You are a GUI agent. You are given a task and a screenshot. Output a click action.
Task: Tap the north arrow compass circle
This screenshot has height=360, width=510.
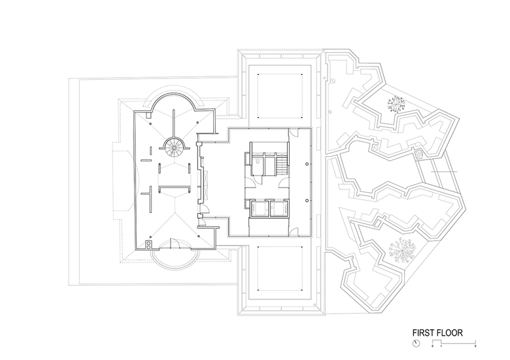pos(416,343)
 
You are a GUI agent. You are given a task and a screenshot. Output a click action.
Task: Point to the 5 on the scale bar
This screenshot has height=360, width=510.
pos(475,346)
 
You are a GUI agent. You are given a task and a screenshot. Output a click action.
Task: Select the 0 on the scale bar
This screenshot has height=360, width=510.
pos(433,346)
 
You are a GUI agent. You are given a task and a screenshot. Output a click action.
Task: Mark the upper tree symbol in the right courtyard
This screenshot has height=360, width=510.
pos(396,104)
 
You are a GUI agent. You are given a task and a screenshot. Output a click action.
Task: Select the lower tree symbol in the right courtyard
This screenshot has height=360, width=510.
pos(402,250)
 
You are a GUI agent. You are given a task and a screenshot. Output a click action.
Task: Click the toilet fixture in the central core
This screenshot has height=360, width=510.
pos(257,161)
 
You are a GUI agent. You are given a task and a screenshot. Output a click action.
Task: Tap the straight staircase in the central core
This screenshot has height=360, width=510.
pos(282,163)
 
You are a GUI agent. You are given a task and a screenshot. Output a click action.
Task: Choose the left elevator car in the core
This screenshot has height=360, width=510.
pos(259,208)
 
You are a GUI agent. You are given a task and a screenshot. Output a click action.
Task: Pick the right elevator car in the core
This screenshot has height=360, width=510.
pos(279,208)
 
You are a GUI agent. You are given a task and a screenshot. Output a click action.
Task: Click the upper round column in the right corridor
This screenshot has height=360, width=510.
pos(307,165)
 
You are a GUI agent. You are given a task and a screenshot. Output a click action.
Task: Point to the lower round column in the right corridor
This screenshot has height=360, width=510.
pos(307,201)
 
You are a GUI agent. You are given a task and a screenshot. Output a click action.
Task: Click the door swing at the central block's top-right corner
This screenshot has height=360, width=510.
pos(294,132)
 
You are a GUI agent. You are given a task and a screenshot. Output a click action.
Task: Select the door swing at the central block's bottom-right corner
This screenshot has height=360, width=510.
pos(294,231)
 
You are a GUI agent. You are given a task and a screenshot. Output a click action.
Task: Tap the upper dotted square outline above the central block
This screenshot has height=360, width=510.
pos(280,96)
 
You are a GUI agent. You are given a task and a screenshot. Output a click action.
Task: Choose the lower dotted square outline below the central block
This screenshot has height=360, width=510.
pos(280,268)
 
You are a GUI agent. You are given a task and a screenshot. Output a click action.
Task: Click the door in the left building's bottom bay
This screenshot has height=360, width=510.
pos(174,244)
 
